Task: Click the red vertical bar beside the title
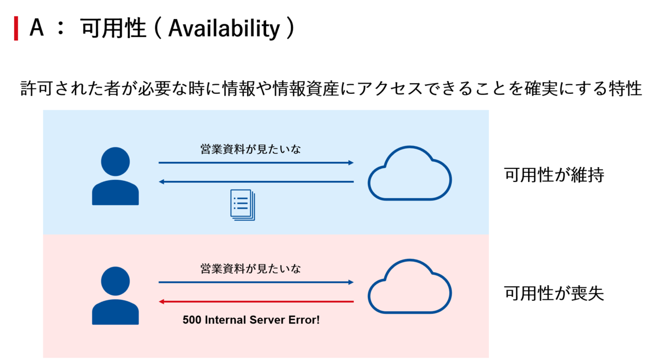point(16,28)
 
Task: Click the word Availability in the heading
point(224,29)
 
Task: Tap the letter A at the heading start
point(37,27)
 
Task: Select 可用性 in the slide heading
point(113,28)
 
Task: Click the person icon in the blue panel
point(115,176)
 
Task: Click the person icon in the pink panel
point(115,295)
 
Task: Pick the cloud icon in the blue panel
point(410,173)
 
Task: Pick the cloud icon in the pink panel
point(410,287)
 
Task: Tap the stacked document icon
point(242,205)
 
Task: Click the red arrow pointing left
point(256,301)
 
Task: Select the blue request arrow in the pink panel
point(256,282)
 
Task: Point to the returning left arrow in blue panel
point(256,182)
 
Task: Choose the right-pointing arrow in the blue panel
point(256,162)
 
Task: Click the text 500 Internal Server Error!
point(251,320)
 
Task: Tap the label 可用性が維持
point(554,175)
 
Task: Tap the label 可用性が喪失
point(554,293)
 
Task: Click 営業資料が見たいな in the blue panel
point(250,149)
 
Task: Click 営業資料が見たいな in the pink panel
point(250,269)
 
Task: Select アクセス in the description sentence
point(390,89)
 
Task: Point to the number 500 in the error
point(192,320)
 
